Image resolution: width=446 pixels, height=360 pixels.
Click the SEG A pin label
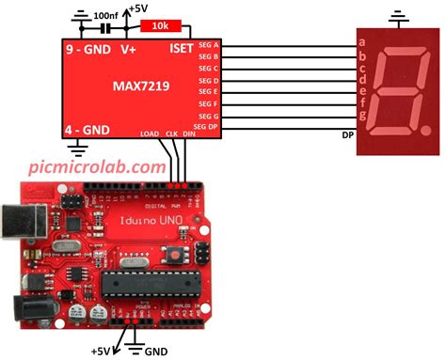[207, 45]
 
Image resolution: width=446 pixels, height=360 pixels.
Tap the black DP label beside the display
[347, 134]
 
